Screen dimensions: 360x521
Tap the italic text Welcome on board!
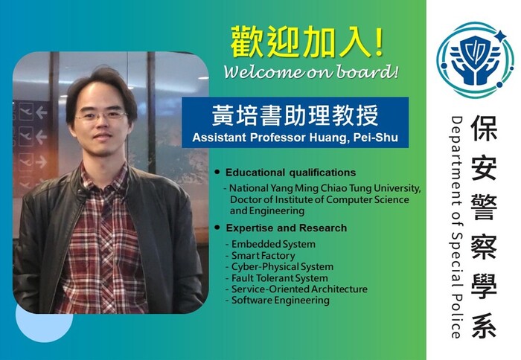click(x=311, y=72)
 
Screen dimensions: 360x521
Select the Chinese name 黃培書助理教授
click(x=295, y=115)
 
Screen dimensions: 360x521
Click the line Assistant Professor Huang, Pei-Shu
click(x=295, y=137)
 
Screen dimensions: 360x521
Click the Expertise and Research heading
click(x=286, y=228)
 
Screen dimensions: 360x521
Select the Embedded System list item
click(x=272, y=244)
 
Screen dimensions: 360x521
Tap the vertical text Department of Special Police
click(x=456, y=227)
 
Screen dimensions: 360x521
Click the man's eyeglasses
click(x=101, y=115)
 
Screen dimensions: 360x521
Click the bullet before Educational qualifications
click(x=217, y=173)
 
